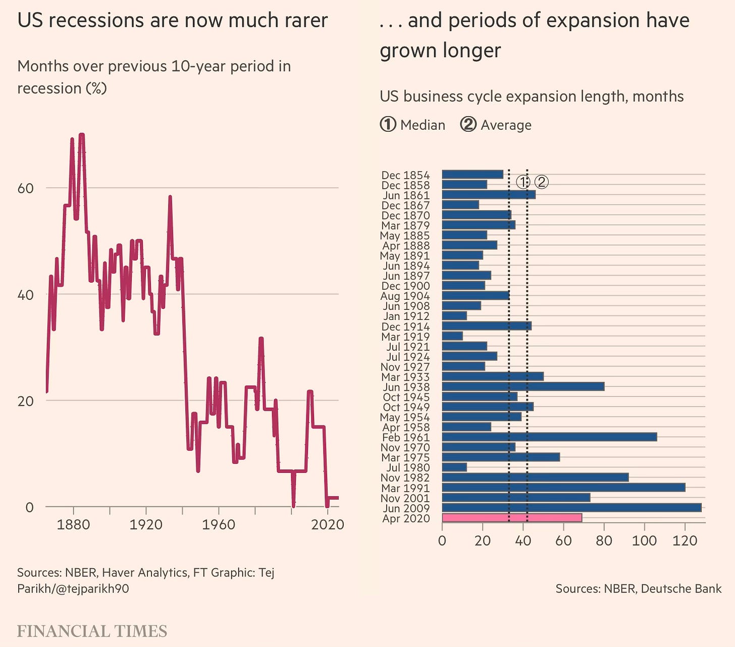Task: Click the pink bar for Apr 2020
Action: (x=512, y=518)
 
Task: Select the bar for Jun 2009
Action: (x=571, y=508)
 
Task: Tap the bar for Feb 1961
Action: (x=549, y=437)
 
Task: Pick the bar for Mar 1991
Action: (x=563, y=488)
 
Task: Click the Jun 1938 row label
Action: (x=406, y=387)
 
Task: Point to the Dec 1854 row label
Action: (x=405, y=175)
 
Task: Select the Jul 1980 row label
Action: (x=408, y=468)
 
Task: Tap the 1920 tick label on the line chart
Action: (x=146, y=525)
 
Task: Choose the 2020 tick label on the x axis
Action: (x=327, y=525)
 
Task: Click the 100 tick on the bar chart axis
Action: (x=645, y=541)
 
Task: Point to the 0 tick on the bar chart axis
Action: (x=442, y=541)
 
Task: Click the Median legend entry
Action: (x=412, y=125)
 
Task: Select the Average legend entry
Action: (x=496, y=125)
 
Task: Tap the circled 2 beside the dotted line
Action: (x=541, y=182)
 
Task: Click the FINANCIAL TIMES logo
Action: (x=92, y=631)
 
